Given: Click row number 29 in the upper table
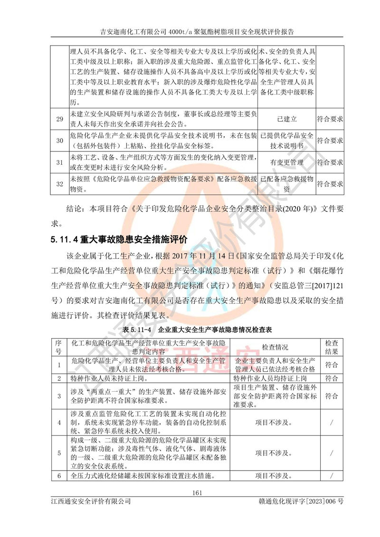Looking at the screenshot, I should (x=59, y=119).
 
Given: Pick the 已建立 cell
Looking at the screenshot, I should (x=287, y=119).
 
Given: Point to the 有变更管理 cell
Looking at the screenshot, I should (x=287, y=162).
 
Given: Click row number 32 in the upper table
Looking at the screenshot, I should (x=59, y=184).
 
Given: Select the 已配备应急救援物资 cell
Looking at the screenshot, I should (x=287, y=184).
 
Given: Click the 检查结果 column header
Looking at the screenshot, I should (x=331, y=348).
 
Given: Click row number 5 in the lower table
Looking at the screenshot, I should (x=59, y=453).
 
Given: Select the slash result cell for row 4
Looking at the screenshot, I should (x=331, y=422).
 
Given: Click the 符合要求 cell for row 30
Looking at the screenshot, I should (x=330, y=141).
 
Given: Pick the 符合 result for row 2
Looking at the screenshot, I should (x=331, y=378).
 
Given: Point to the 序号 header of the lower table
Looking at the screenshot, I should (x=59, y=348).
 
